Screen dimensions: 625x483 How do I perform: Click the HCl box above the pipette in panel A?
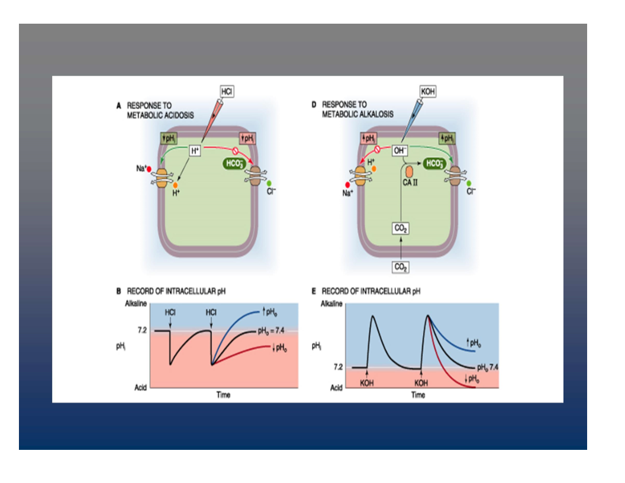pyautogui.click(x=227, y=92)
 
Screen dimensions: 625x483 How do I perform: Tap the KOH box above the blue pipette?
pyautogui.click(x=427, y=92)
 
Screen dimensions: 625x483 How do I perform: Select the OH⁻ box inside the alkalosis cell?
pyautogui.click(x=401, y=151)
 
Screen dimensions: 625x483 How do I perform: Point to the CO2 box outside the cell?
pyautogui.click(x=401, y=267)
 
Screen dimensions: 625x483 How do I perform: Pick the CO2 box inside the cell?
pyautogui.click(x=401, y=228)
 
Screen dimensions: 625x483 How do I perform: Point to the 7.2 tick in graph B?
pyautogui.click(x=141, y=331)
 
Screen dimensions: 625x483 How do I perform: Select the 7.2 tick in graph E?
pyautogui.click(x=337, y=367)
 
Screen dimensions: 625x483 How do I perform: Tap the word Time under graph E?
pyautogui.click(x=418, y=394)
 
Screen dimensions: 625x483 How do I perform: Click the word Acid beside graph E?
pyautogui.click(x=336, y=388)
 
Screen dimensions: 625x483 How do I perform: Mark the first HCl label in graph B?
pyautogui.click(x=170, y=312)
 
